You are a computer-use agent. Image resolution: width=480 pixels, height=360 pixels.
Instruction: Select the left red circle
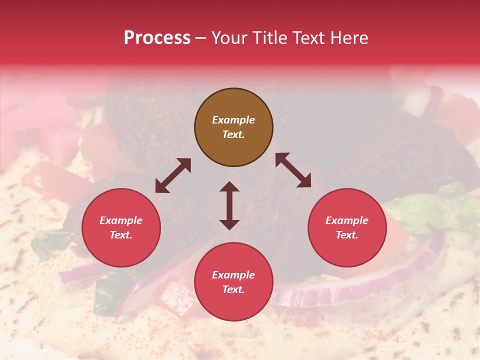point(121,227)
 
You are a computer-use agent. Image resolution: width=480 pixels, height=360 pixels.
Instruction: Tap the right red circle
point(347,227)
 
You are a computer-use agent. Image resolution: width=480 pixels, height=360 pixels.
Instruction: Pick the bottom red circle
point(233,282)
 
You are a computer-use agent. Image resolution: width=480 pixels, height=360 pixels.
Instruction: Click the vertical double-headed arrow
point(229,205)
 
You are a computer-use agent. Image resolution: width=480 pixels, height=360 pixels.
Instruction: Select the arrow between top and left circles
point(173,175)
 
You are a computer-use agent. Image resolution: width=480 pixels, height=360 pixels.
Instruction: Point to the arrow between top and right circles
point(293,170)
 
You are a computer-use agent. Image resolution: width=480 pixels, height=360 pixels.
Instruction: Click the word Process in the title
point(157,38)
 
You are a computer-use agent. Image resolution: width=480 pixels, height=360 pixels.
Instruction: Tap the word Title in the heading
point(270,38)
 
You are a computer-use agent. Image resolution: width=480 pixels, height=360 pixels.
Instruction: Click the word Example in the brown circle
point(233,120)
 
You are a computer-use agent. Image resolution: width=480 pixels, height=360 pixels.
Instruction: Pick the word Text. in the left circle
point(121,235)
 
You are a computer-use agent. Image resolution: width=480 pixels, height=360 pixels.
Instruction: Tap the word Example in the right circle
point(347,220)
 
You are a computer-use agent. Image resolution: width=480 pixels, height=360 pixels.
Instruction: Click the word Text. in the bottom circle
point(233,289)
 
